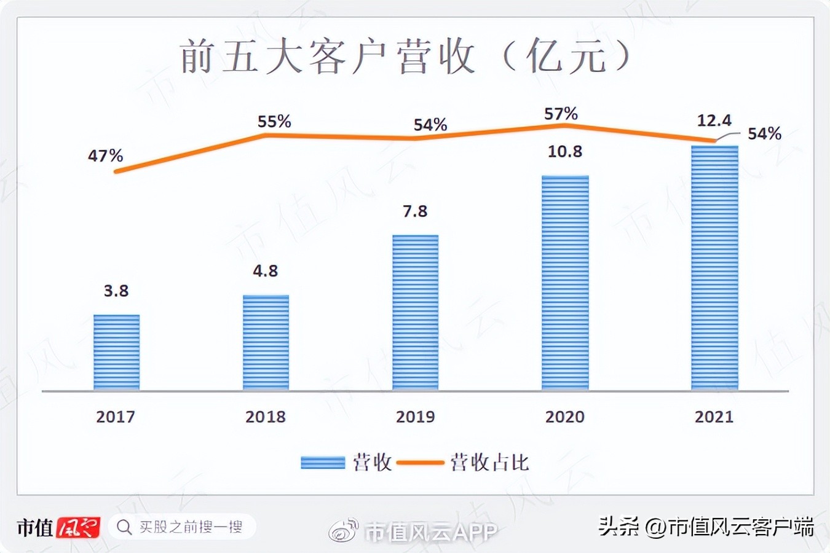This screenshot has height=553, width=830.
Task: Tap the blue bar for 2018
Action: coord(266,342)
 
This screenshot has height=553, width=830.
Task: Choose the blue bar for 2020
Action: coord(564,283)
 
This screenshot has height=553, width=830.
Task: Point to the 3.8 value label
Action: coord(116,291)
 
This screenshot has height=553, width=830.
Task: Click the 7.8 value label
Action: coord(415,211)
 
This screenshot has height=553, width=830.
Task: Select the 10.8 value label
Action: coord(564,151)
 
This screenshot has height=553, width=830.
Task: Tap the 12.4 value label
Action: coord(714,120)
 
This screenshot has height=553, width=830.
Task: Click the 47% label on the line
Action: coord(105,155)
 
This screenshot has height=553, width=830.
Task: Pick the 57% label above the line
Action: coord(561,114)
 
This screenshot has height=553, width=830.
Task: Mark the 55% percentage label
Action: coord(274,122)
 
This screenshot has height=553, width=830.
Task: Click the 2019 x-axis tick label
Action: coord(415,417)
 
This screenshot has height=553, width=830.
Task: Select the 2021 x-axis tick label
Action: coord(714,417)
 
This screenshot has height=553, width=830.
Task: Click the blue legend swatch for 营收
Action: coord(322,463)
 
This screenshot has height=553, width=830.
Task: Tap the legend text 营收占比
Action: coord(489,463)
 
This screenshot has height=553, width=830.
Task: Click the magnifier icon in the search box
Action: coord(124,527)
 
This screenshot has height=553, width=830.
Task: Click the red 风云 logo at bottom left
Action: coord(78,528)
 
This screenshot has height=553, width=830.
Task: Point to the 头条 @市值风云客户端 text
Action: coord(706,527)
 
